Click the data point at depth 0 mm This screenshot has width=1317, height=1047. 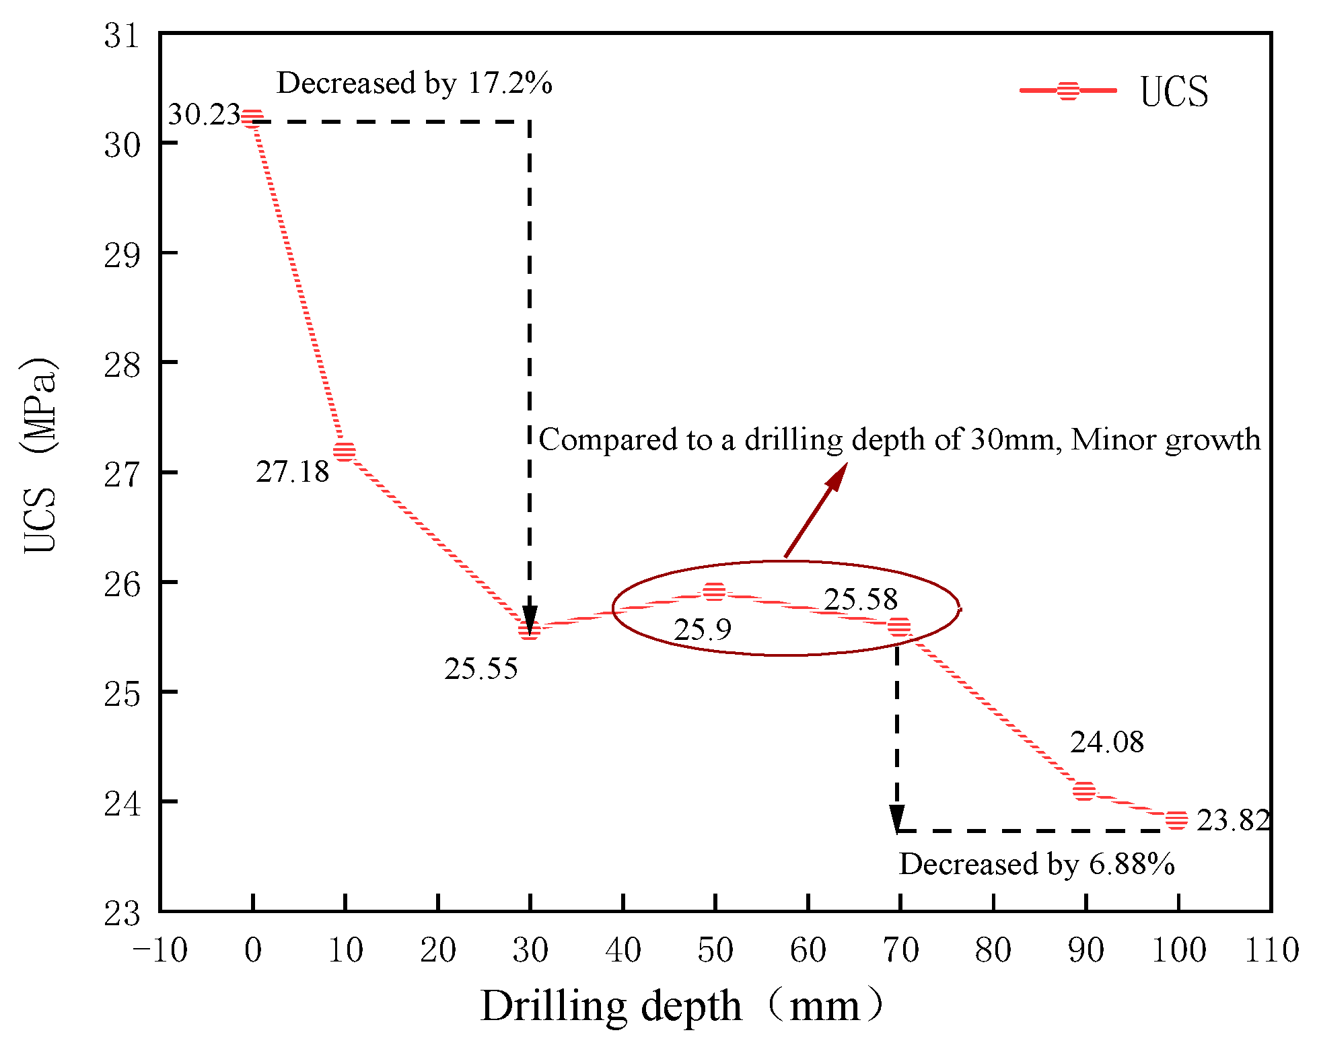pyautogui.click(x=252, y=118)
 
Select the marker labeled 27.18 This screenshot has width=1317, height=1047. pyautogui.click(x=345, y=451)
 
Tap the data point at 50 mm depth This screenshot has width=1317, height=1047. pyautogui.click(x=715, y=592)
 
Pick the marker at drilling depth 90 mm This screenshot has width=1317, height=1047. pyautogui.click(x=1084, y=791)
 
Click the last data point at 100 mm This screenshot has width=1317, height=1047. pyautogui.click(x=1176, y=820)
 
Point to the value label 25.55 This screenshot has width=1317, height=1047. pyautogui.click(x=480, y=669)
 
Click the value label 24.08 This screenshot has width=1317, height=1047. pyautogui.click(x=1107, y=742)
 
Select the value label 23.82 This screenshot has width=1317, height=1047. pyautogui.click(x=1233, y=820)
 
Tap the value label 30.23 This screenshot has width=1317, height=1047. pyautogui.click(x=204, y=114)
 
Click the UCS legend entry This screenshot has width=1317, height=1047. pyautogui.click(x=1114, y=91)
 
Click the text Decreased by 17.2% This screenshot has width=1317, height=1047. pyautogui.click(x=415, y=83)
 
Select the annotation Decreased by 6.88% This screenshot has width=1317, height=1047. pyautogui.click(x=1036, y=864)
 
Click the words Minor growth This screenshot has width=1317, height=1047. pyautogui.click(x=1166, y=439)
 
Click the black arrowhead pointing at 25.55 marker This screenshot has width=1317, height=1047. pyautogui.click(x=530, y=620)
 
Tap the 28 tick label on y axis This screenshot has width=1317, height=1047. pyautogui.click(x=122, y=364)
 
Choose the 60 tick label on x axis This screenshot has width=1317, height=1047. pyautogui.click(x=808, y=950)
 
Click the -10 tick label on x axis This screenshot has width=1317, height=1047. pyautogui.click(x=160, y=950)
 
